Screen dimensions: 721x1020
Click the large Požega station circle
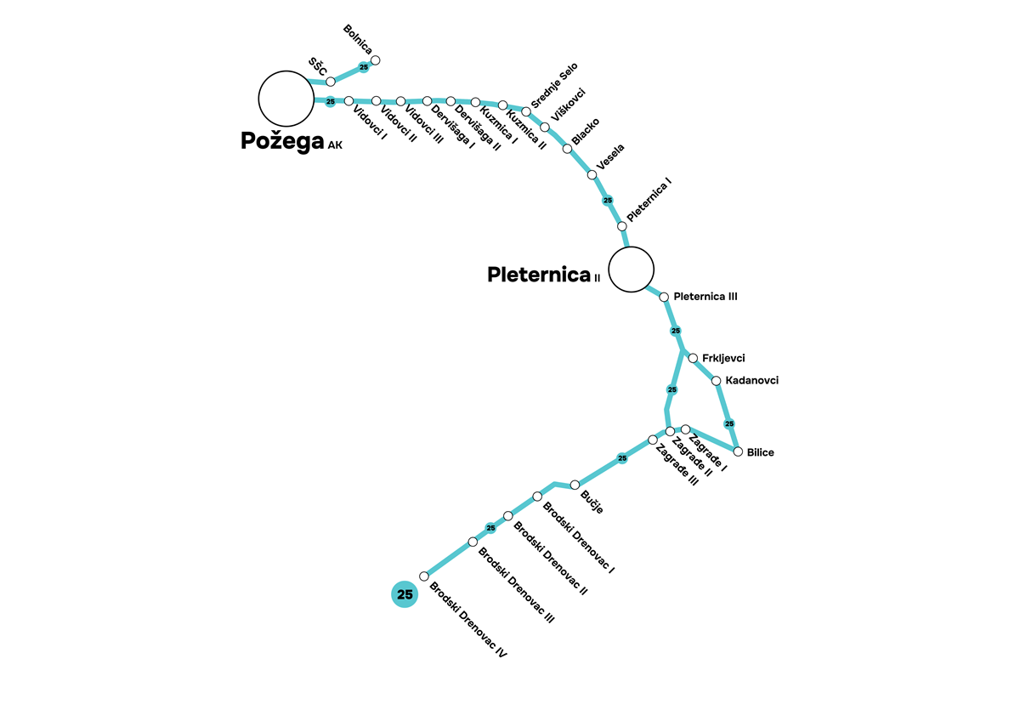286,98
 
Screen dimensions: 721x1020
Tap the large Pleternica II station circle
632,270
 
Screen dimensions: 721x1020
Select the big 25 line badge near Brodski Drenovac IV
405,594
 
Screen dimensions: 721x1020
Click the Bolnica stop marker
376,60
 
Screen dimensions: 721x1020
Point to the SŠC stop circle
331,82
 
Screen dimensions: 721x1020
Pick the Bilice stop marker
738,451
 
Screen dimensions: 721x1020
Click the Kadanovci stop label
751,381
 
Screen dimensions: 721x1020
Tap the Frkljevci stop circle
693,358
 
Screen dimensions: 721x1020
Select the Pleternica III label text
705,297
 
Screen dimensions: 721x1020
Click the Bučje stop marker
575,485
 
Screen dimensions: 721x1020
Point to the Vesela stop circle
592,175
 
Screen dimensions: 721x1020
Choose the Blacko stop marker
567,149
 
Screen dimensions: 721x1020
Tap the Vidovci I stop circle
348,101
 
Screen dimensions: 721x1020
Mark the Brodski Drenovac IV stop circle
424,576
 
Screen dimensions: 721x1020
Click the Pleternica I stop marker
621,226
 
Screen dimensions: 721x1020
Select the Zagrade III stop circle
653,440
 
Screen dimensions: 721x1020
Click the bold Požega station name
281,141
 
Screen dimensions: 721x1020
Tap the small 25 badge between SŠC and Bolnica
364,67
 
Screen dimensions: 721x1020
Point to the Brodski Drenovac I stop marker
537,496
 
